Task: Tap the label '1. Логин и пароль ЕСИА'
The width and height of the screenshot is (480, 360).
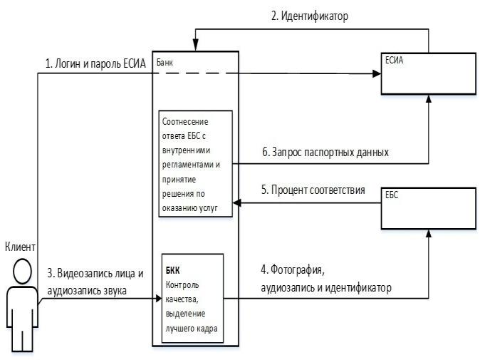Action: pyautogui.click(x=95, y=64)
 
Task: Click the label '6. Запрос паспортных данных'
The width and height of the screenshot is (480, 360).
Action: pyautogui.click(x=324, y=153)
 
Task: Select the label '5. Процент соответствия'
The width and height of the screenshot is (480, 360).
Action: pyautogui.click(x=313, y=190)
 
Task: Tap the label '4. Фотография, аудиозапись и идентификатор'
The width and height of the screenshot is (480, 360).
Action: pyautogui.click(x=327, y=278)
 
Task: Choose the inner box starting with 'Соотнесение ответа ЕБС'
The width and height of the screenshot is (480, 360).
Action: pyautogui.click(x=197, y=163)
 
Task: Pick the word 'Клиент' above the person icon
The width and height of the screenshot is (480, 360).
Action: pyautogui.click(x=20, y=246)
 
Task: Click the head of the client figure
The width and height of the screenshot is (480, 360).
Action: pyautogui.click(x=22, y=270)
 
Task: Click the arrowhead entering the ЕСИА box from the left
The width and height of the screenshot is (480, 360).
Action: pyautogui.click(x=377, y=73)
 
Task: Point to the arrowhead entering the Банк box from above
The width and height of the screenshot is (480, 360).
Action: pyautogui.click(x=196, y=47)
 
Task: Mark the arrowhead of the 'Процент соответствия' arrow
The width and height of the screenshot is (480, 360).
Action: pyautogui.click(x=239, y=203)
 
